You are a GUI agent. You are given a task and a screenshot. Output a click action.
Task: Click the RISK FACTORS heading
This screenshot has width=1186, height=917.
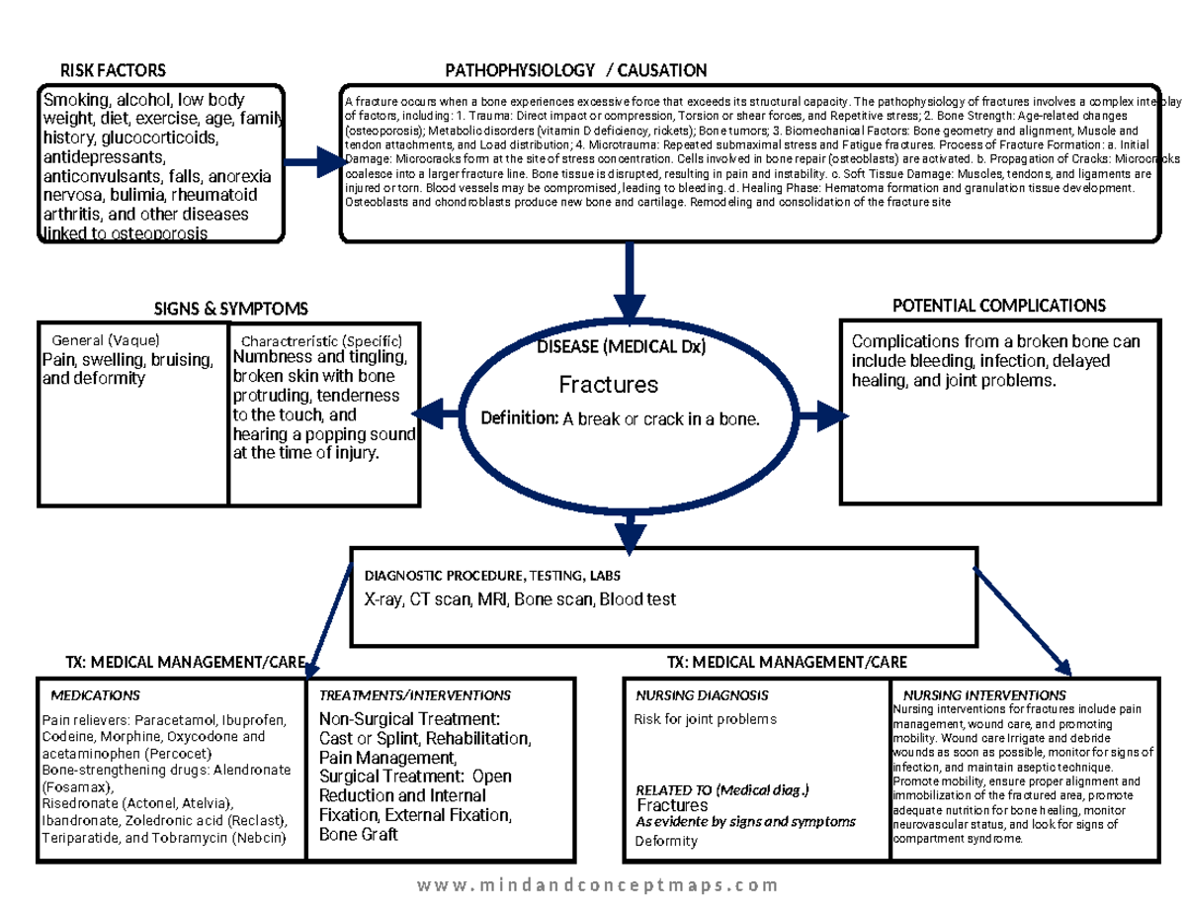click(x=113, y=70)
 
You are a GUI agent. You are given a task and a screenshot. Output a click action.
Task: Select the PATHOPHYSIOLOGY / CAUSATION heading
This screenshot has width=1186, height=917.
click(x=575, y=70)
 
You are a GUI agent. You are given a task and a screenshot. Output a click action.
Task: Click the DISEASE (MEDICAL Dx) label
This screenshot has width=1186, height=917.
click(x=622, y=347)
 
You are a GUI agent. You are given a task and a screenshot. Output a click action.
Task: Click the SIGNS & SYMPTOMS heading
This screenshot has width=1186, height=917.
click(x=230, y=310)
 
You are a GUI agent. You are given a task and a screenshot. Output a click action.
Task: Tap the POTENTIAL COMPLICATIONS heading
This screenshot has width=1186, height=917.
click(x=998, y=306)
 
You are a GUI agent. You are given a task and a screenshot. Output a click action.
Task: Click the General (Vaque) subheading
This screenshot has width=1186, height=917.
click(x=106, y=340)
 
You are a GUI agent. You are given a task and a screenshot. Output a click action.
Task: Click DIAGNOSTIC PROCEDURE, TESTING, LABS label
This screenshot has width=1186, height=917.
click(x=493, y=576)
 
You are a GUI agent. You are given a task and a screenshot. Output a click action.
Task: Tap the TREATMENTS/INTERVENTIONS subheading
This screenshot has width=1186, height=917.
click(x=415, y=695)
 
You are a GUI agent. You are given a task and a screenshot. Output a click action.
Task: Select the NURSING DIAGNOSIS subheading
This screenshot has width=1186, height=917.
click(x=702, y=695)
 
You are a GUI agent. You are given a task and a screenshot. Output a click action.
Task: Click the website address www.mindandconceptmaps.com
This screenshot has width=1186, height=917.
click(x=597, y=885)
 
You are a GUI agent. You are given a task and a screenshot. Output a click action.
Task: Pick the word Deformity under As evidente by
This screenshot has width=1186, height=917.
click(x=666, y=841)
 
